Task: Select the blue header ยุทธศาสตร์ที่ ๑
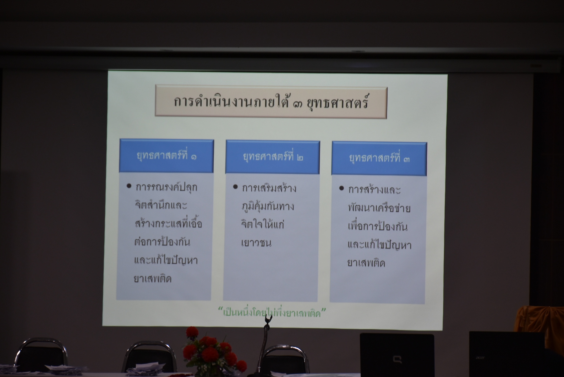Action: tap(167, 156)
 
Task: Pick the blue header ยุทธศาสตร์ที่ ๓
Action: tap(379, 158)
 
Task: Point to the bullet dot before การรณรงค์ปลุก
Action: tap(129, 186)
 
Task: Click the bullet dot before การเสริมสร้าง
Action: tap(235, 187)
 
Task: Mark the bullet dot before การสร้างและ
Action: tap(342, 188)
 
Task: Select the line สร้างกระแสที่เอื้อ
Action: tap(168, 223)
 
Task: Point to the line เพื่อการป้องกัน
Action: tap(378, 226)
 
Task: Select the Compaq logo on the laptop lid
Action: tap(397, 359)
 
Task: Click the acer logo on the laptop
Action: tap(480, 357)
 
